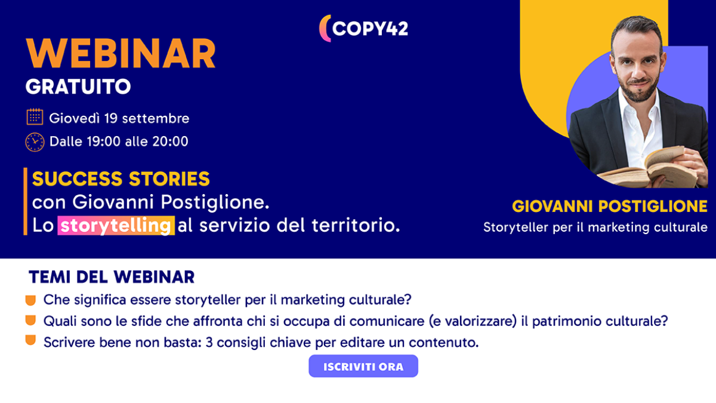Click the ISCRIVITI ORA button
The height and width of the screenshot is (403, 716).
pos(363,366)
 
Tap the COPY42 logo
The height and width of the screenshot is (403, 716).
pos(364,29)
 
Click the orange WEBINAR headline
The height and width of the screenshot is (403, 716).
pos(121,53)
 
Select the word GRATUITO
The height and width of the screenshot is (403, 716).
pos(78,87)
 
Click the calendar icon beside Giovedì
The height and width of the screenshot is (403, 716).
pos(35,117)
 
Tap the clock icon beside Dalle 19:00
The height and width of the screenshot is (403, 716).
pos(35,142)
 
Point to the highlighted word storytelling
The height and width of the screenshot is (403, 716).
pos(116,226)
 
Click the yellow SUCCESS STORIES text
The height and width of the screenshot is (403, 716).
pos(121,179)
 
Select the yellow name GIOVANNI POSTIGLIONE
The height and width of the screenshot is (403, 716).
pos(610,207)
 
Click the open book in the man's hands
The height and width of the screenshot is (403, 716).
pos(649,168)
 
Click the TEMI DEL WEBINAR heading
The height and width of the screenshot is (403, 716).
pos(112,277)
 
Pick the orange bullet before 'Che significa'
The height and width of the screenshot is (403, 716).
pos(30,300)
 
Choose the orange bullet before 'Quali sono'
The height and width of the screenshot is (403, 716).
pos(30,321)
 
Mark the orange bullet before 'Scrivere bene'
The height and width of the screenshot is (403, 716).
pos(30,340)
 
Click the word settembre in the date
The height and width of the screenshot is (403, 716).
pos(156,118)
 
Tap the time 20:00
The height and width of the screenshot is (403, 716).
pos(170,141)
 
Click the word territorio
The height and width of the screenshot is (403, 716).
pos(356,225)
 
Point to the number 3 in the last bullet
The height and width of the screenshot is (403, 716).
pos(209,343)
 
